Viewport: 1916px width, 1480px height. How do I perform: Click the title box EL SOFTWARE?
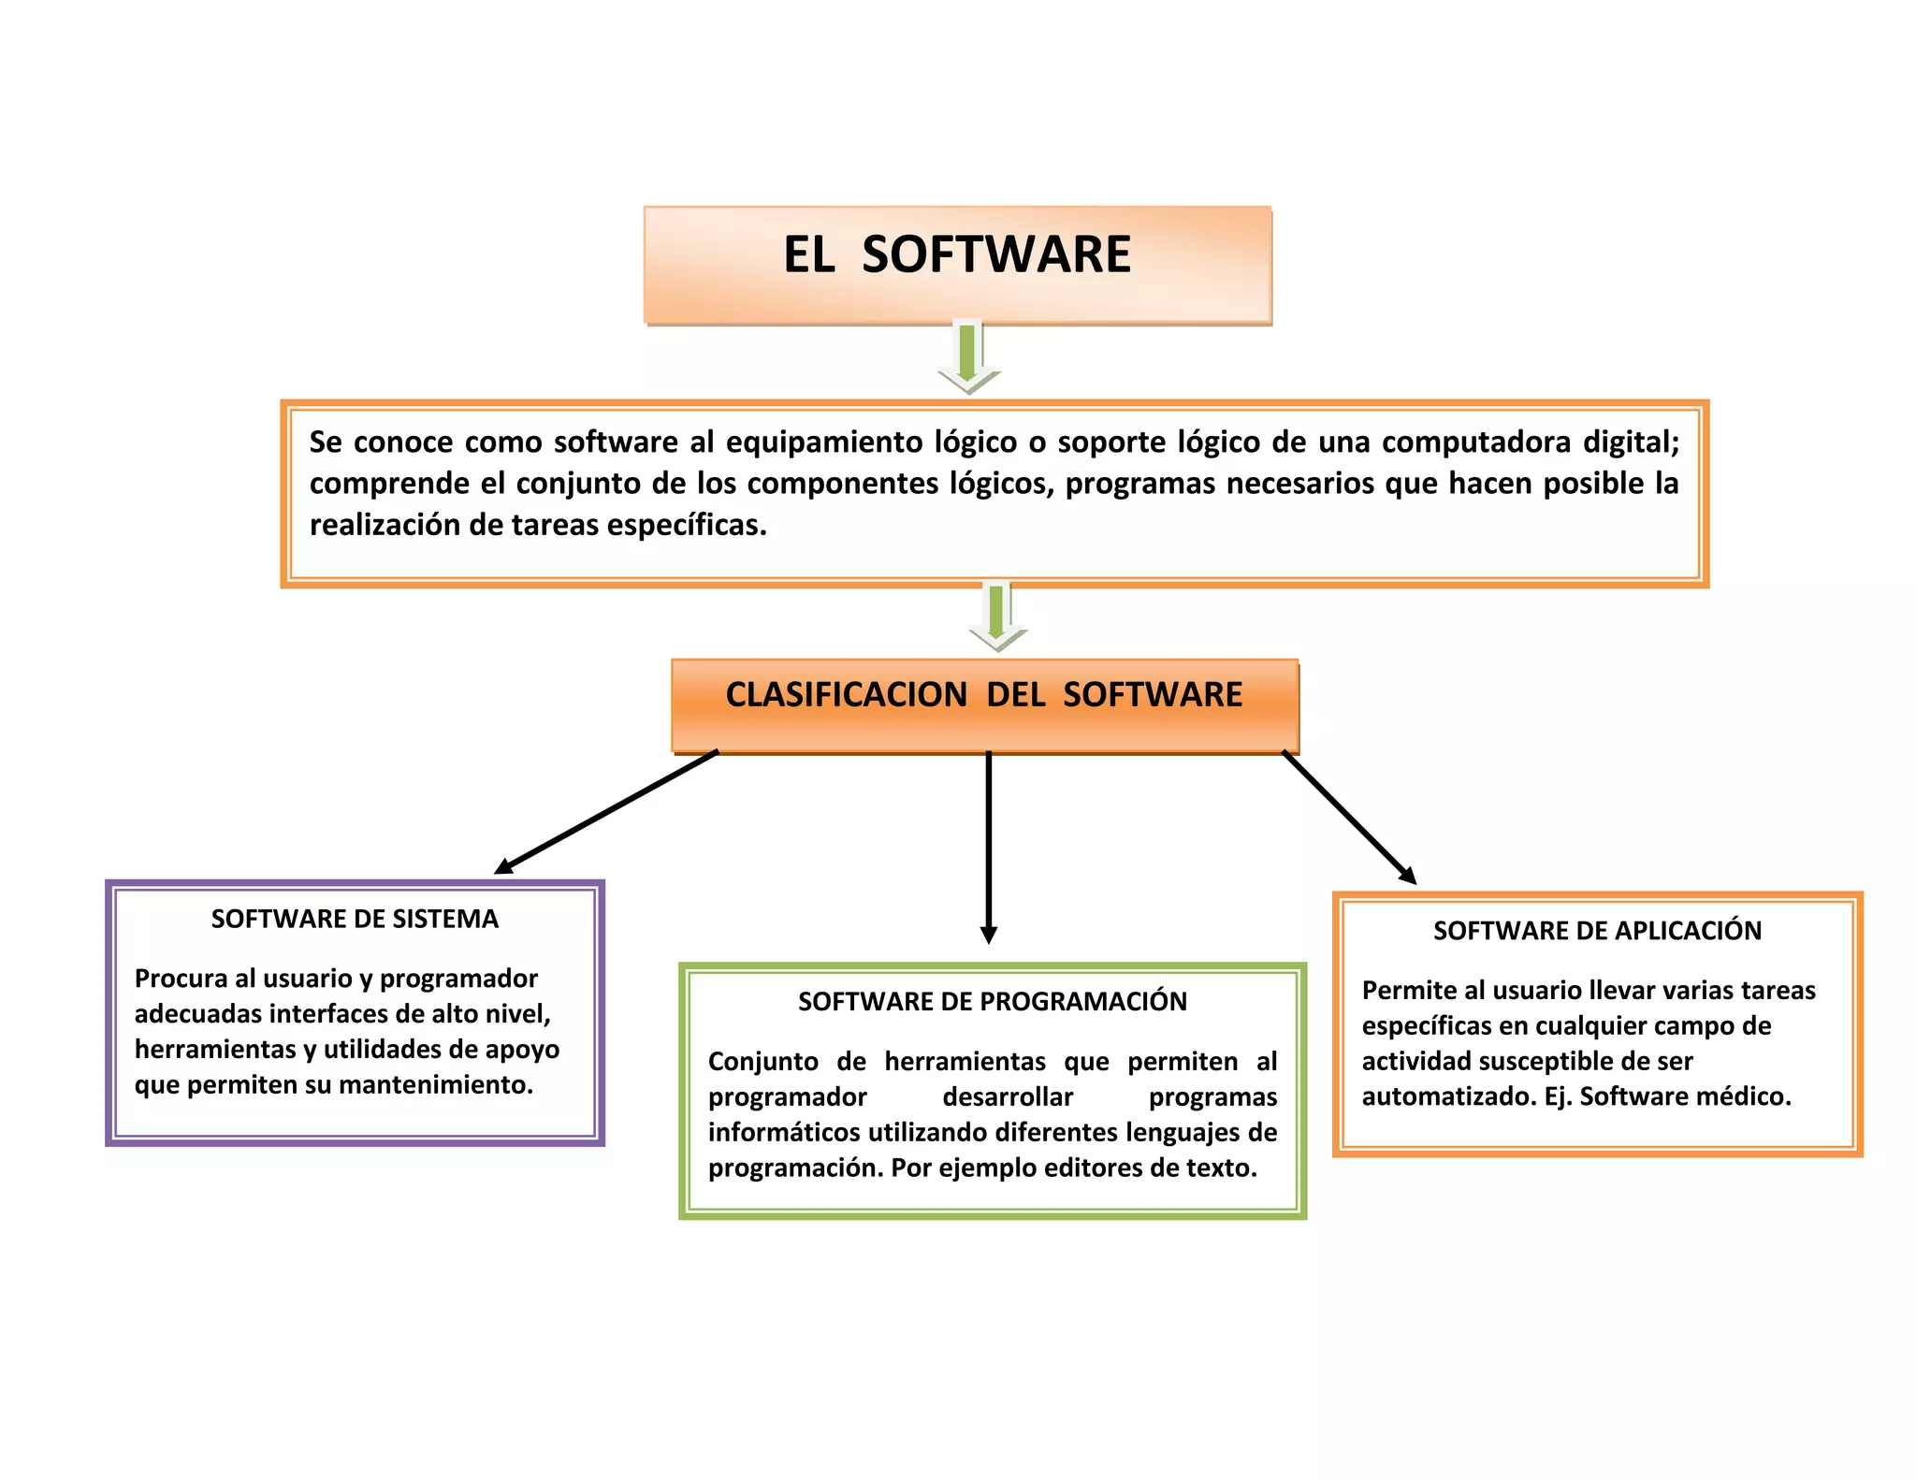957,265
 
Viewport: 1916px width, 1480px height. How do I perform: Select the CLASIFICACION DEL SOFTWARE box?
984,704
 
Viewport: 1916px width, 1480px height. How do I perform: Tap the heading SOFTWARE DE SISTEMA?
355,919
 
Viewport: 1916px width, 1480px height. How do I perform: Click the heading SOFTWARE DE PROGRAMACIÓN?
992,1001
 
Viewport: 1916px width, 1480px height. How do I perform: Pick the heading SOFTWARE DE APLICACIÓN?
1597,930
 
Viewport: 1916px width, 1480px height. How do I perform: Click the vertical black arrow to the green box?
989,847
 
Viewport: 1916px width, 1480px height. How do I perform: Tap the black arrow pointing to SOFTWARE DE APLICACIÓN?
1349,817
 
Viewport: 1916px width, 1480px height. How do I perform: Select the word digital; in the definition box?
1631,442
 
